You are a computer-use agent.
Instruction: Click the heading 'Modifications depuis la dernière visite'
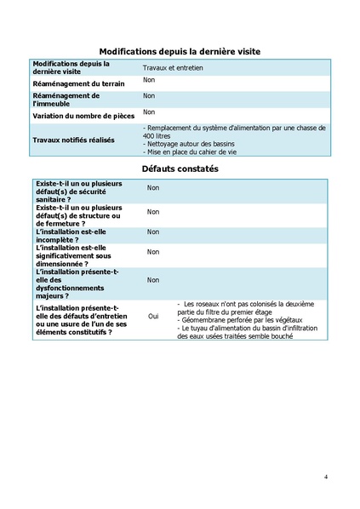[180, 52]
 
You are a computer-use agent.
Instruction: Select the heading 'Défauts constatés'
[180, 169]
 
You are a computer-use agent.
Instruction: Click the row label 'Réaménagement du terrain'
[78, 84]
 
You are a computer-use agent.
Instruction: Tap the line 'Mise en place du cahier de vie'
[192, 153]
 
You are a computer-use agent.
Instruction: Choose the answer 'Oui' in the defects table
[153, 316]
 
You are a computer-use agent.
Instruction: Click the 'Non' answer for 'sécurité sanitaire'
[153, 188]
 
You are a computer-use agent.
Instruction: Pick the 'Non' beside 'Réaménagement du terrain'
[149, 80]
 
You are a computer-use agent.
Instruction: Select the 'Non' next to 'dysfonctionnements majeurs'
[153, 279]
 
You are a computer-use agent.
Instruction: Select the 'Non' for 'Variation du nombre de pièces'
[149, 112]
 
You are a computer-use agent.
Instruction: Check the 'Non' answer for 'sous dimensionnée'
[153, 252]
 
